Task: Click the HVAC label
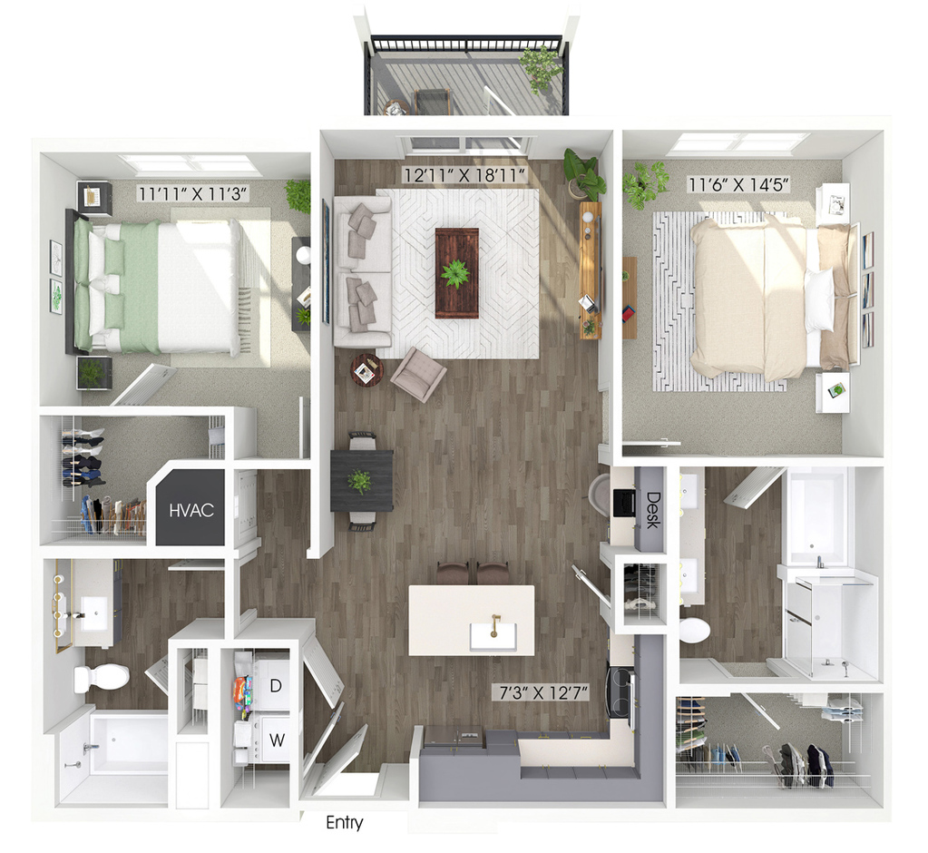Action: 191,510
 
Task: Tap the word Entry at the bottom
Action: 345,823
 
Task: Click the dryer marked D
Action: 275,685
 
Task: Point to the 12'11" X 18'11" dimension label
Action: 464,175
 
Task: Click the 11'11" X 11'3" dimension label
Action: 191,193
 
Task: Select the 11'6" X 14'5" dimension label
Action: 738,185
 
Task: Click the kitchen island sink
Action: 493,636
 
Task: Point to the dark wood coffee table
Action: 457,273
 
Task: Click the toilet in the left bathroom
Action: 102,677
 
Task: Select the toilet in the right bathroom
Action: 694,631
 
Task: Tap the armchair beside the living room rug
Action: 417,374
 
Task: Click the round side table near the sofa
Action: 366,370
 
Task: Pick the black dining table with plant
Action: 362,480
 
